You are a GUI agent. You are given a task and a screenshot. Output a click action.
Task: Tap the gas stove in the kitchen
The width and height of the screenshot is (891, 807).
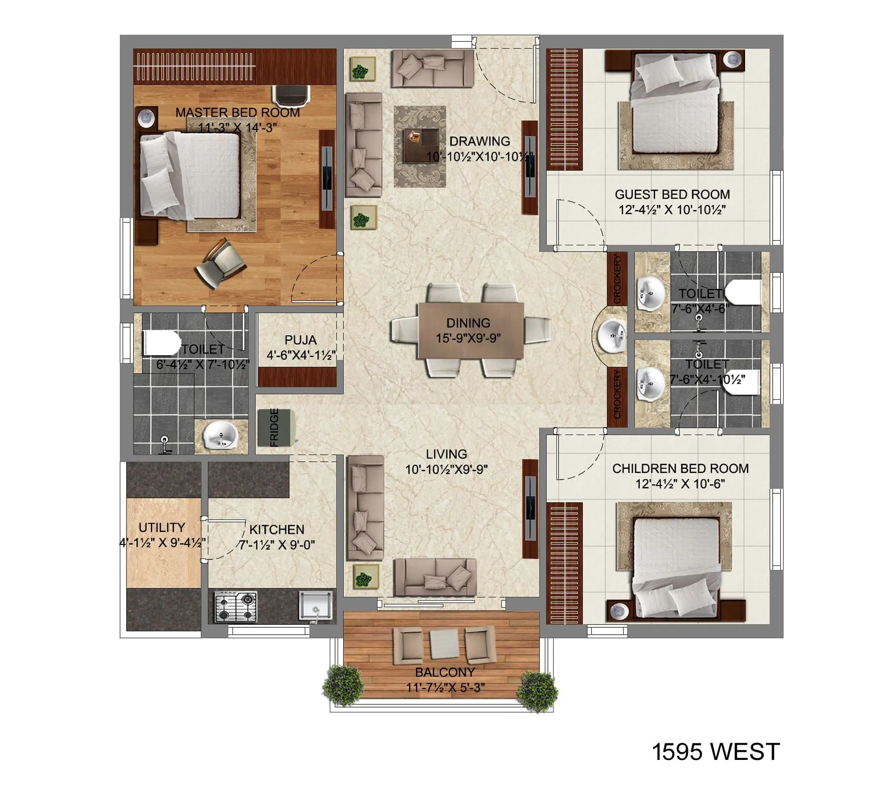(x=236, y=607)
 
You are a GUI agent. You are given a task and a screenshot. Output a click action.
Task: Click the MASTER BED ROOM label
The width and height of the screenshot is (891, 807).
(x=237, y=113)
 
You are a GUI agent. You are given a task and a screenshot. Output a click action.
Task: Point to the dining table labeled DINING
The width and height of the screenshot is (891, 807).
(x=470, y=331)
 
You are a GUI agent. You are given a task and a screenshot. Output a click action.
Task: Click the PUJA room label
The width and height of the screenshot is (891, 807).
(x=300, y=340)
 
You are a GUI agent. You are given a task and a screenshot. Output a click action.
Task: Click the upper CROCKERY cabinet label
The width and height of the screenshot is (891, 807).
(x=617, y=279)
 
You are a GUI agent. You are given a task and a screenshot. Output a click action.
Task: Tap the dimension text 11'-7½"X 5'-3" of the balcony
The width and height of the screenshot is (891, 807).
(x=445, y=688)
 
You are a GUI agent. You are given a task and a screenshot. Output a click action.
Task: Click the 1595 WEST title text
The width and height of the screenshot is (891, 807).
(x=715, y=752)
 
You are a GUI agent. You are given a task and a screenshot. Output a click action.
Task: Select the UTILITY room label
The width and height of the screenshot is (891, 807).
(x=162, y=527)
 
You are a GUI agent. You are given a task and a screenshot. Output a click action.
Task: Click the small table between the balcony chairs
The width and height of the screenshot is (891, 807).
(x=444, y=644)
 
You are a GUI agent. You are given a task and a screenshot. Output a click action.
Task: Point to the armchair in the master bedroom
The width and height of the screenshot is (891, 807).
(x=220, y=264)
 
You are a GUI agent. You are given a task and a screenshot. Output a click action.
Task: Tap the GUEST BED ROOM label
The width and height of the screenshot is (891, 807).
(x=672, y=194)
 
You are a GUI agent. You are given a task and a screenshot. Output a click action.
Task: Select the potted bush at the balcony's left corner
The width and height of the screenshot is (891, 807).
(x=343, y=686)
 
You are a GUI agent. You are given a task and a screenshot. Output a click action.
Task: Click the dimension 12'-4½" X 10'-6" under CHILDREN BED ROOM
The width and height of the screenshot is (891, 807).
(x=680, y=484)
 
